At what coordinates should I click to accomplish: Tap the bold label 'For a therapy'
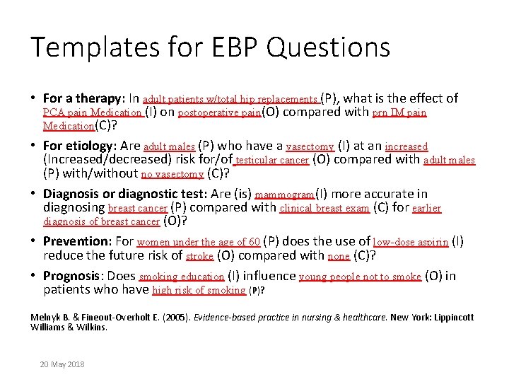pyautogui.click(x=80, y=99)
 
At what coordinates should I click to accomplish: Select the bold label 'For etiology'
pyautogui.click(x=78, y=146)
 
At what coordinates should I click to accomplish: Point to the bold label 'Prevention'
pyautogui.click(x=75, y=242)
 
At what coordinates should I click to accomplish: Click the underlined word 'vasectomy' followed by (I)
pyautogui.click(x=310, y=147)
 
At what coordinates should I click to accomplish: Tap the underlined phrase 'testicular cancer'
pyautogui.click(x=272, y=161)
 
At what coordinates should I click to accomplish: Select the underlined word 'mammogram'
pyautogui.click(x=283, y=195)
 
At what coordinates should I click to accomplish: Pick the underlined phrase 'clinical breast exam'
pyautogui.click(x=324, y=209)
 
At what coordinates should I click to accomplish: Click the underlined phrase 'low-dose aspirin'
pyautogui.click(x=410, y=243)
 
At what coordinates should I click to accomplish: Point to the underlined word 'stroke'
pyautogui.click(x=200, y=256)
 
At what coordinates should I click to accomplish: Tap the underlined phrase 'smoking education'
pyautogui.click(x=182, y=277)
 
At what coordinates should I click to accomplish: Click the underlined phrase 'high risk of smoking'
pyautogui.click(x=199, y=290)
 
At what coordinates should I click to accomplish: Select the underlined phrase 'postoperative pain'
pyautogui.click(x=219, y=113)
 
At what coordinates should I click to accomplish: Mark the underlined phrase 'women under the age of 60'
pyautogui.click(x=198, y=243)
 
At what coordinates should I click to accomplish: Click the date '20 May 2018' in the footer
pyautogui.click(x=62, y=364)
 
